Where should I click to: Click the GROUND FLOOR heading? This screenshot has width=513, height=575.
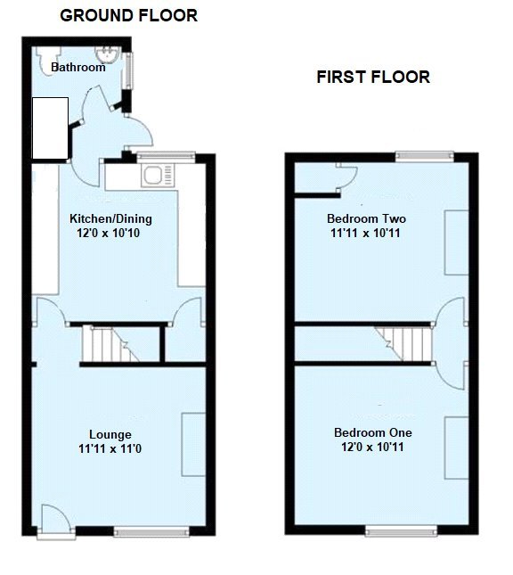point(128,15)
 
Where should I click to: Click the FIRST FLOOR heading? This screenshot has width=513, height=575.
point(373,78)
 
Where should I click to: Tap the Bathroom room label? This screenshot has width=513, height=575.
point(77,67)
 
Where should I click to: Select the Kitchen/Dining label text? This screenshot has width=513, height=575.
point(110,219)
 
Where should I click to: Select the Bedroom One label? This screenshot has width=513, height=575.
point(366,432)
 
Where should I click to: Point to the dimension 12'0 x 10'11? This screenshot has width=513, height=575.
point(366,447)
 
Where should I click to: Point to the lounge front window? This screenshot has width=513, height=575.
point(151,533)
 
